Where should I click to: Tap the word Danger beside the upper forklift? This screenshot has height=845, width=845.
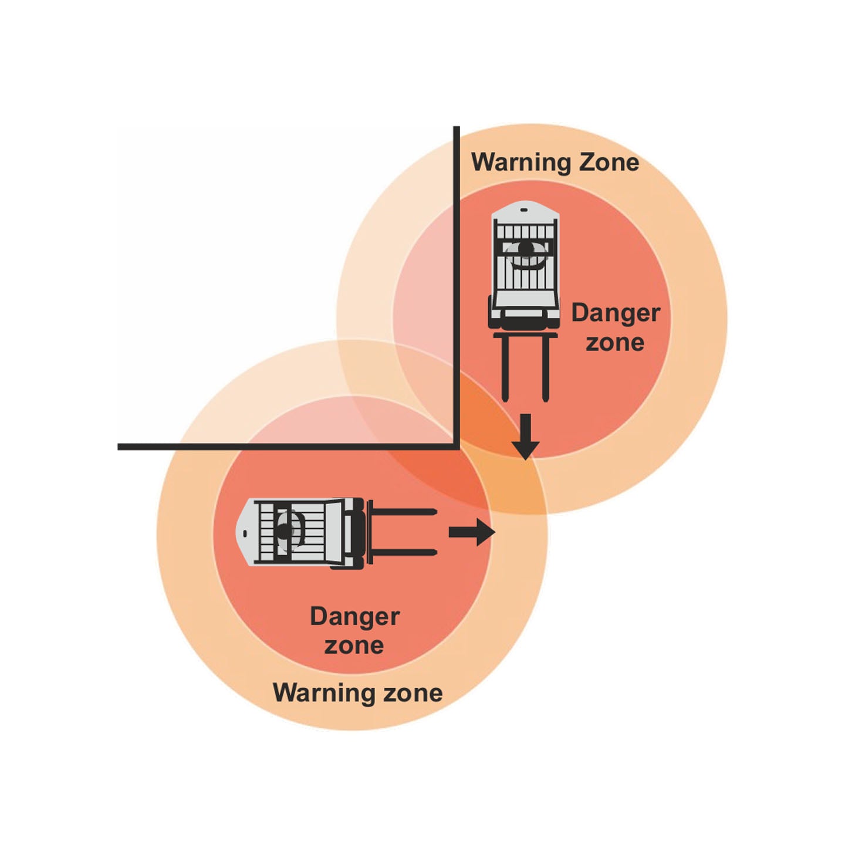[616, 313]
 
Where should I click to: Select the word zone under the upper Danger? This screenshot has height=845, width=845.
[615, 342]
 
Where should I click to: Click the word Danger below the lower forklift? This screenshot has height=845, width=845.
[354, 617]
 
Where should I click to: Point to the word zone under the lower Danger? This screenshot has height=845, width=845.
[354, 645]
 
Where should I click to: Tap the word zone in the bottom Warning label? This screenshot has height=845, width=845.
[413, 693]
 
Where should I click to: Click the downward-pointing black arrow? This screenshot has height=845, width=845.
[525, 437]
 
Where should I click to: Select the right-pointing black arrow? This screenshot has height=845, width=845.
[472, 532]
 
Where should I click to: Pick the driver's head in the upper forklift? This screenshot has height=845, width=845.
[526, 249]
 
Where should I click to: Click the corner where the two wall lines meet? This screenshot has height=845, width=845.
[457, 447]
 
